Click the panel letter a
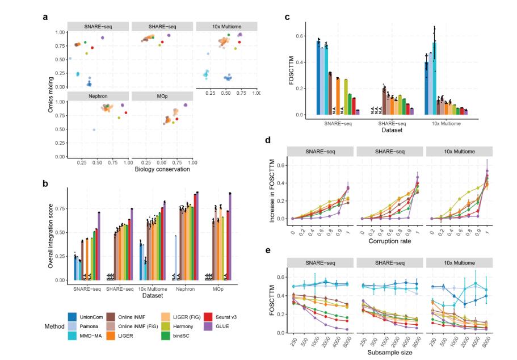45,17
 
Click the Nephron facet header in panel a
98,96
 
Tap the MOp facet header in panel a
162,96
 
